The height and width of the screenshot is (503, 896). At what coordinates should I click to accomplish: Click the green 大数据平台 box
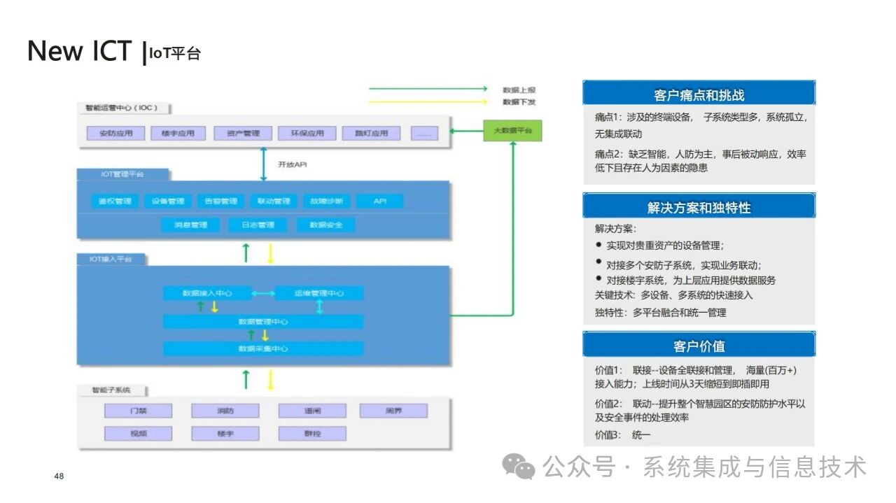tap(512, 132)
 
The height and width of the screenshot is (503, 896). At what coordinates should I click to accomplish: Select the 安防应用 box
tap(115, 133)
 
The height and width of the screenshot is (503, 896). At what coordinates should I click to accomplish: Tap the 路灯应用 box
tap(371, 133)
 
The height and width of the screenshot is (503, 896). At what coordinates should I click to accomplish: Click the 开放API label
tap(293, 165)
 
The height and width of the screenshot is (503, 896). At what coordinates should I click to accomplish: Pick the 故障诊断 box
tap(326, 201)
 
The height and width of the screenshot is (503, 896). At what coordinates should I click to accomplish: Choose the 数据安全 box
tap(325, 225)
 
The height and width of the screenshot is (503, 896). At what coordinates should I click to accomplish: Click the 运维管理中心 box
tap(319, 293)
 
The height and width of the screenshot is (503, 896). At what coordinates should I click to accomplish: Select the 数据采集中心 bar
tap(263, 348)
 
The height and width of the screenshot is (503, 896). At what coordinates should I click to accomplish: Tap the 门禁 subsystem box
tap(138, 411)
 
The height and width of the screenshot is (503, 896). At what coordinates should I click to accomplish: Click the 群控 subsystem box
tap(312, 434)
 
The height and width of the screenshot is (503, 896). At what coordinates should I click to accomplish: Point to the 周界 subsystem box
tap(393, 411)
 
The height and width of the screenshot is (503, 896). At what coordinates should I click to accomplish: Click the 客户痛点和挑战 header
tap(699, 95)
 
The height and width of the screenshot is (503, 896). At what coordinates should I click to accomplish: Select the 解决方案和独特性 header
tap(699, 207)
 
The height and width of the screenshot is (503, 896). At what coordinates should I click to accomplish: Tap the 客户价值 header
tap(699, 346)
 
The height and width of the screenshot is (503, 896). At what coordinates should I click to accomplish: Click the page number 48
tap(59, 476)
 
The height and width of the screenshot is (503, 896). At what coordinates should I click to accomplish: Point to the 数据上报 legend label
tap(519, 90)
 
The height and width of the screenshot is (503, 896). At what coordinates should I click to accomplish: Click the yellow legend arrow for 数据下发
tap(428, 101)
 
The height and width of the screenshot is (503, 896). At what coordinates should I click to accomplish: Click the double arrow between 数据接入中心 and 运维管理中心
tap(262, 293)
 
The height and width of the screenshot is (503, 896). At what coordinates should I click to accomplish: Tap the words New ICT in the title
tap(79, 51)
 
